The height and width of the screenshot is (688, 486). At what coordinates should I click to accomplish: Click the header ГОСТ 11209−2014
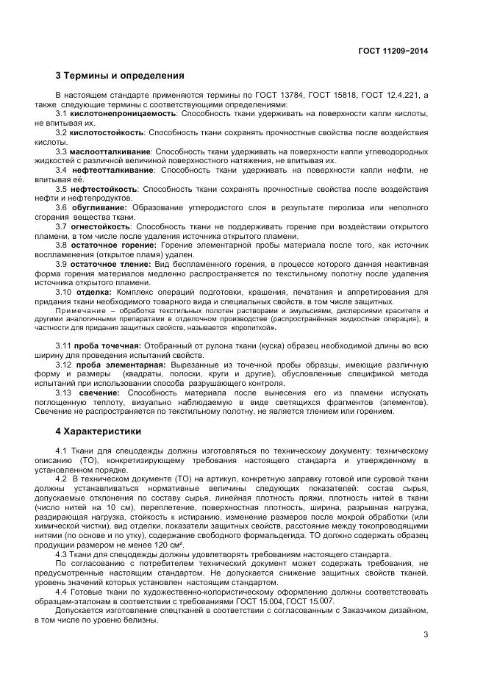coord(393,51)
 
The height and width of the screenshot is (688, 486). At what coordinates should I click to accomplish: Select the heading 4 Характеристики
coord(99,431)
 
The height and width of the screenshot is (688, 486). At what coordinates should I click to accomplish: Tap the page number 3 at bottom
coord(426,635)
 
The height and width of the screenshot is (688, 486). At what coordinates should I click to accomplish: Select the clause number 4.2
coord(62,478)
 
